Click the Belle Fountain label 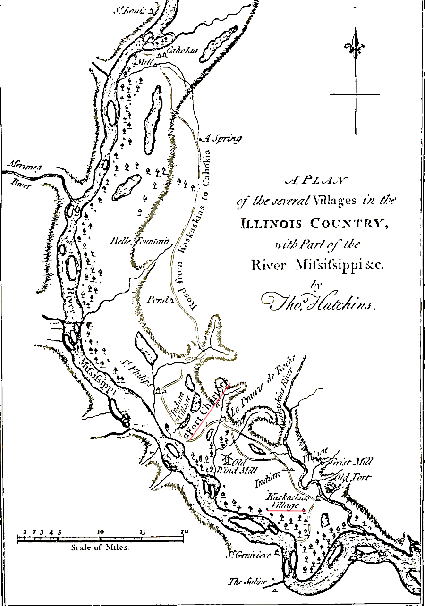coord(139,241)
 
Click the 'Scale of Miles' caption coord(100,548)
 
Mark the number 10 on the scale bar coord(100,531)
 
